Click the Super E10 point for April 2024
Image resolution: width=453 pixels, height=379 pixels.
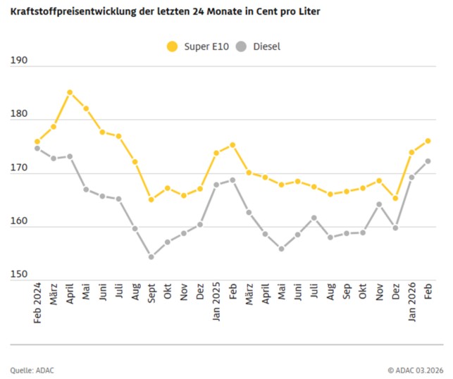click(70, 92)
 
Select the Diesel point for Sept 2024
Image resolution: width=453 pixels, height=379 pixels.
click(151, 257)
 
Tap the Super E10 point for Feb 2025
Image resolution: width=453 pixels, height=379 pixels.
click(232, 145)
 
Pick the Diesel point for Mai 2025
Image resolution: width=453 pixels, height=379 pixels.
click(281, 249)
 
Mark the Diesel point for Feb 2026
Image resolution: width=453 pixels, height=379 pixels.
click(428, 161)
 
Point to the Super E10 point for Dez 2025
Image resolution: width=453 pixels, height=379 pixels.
click(395, 199)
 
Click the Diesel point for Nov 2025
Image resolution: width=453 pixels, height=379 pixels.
click(379, 204)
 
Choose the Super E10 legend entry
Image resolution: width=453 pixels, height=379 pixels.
click(194, 46)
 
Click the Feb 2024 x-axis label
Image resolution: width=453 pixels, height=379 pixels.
click(37, 302)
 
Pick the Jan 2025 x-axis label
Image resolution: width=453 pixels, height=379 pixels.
click(216, 302)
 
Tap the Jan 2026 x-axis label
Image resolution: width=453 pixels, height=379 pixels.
click(411, 302)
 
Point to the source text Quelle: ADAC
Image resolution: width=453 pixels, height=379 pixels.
click(32, 370)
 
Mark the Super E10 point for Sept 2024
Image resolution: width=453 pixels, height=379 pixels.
click(151, 199)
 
